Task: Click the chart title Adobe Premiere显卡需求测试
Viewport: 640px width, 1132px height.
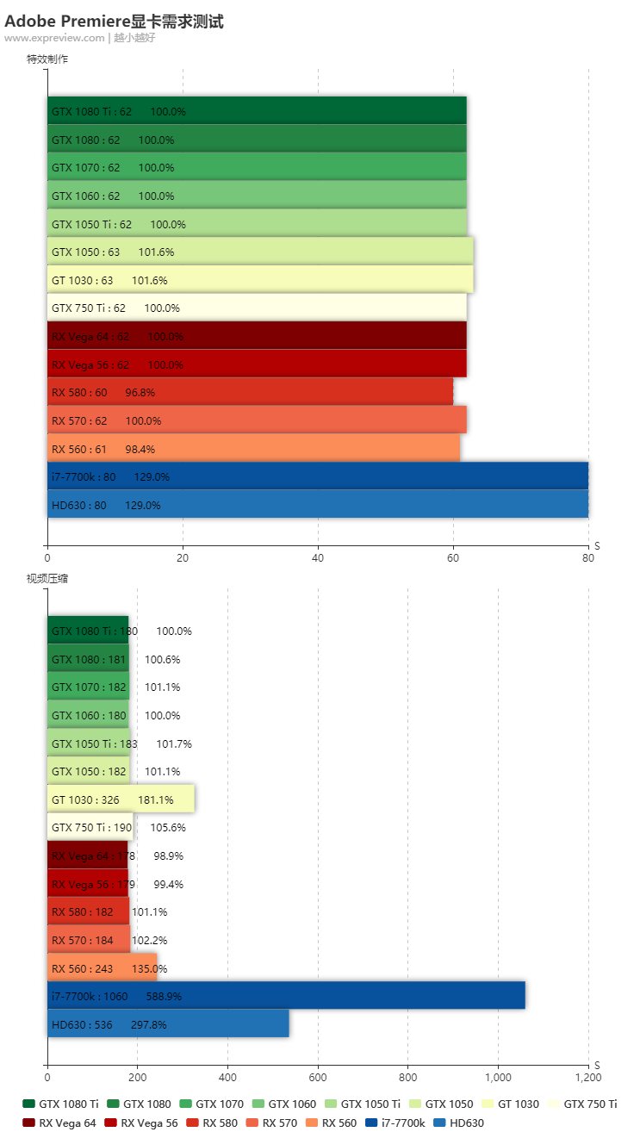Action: pos(114,22)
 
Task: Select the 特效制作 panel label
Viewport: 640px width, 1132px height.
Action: pos(47,59)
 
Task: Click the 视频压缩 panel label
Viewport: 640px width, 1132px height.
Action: pos(47,579)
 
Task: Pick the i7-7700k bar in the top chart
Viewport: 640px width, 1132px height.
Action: pos(317,476)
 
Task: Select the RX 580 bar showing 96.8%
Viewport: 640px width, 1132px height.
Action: pos(250,393)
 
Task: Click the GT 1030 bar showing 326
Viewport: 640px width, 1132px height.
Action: pos(121,799)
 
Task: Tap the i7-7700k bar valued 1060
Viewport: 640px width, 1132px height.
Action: pos(286,996)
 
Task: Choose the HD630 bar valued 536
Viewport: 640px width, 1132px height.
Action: pos(168,1024)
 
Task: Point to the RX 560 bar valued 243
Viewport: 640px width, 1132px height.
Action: pos(102,968)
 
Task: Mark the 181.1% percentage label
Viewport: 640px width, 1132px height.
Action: pos(156,800)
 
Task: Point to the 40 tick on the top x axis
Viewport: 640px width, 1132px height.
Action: pos(318,558)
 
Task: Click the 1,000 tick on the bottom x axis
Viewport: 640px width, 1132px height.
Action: pos(498,1077)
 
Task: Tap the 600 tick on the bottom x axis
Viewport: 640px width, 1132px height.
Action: pos(318,1077)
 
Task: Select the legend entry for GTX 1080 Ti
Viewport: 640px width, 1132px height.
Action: pos(60,1104)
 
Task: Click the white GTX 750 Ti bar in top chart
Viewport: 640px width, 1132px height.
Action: pos(257,308)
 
